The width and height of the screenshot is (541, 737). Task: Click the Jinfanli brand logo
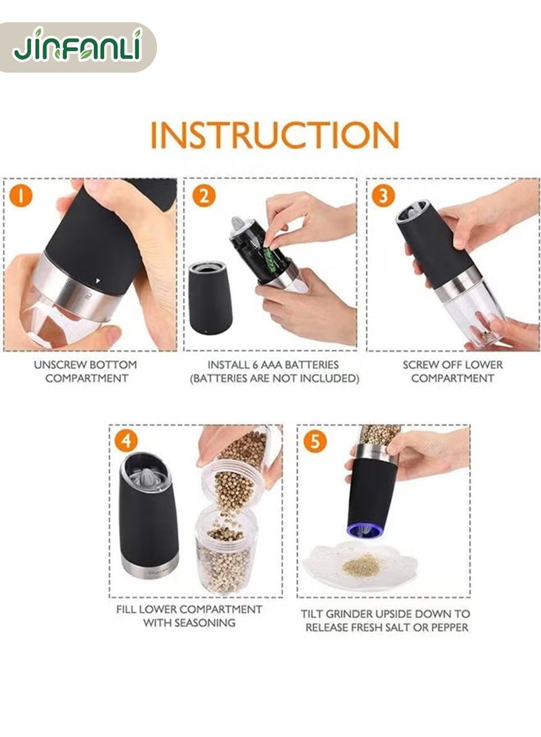pos(78,47)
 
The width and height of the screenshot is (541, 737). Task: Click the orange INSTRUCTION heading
pos(275,135)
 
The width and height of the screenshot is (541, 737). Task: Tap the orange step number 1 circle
pos(21,195)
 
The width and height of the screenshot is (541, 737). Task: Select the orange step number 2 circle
pos(204,195)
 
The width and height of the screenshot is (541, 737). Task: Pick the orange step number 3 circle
pos(383,195)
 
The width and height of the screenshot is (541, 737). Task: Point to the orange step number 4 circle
pos(126,441)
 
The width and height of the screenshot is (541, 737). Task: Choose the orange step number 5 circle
pos(314,442)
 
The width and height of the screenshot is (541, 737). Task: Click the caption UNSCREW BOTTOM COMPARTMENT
pos(86,372)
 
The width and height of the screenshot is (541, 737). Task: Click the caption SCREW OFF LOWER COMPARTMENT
pos(452,372)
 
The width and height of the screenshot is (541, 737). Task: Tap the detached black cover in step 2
pos(210,298)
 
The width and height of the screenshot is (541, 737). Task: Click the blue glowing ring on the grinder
pos(365,530)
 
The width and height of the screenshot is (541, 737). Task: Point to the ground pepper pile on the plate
pos(361,566)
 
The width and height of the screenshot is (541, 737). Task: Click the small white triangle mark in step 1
pos(97,280)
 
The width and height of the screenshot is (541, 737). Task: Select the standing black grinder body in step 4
pos(149,515)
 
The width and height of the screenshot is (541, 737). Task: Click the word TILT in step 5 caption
pos(312,614)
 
